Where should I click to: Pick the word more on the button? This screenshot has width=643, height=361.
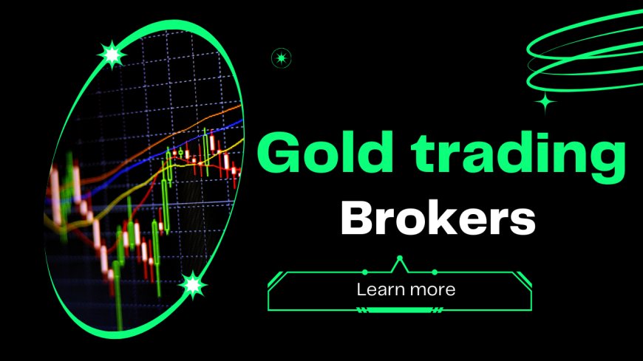(x=432, y=289)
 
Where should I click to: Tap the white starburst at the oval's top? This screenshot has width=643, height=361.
(x=112, y=54)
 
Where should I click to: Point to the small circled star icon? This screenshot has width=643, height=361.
(x=282, y=57)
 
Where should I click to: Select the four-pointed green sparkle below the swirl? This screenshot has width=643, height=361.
(x=546, y=103)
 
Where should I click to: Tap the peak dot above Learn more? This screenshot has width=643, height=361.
(x=400, y=258)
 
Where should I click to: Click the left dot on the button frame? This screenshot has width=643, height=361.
(x=365, y=272)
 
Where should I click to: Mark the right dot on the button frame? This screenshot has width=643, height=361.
(x=435, y=272)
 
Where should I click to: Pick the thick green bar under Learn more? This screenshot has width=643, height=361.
(x=400, y=310)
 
